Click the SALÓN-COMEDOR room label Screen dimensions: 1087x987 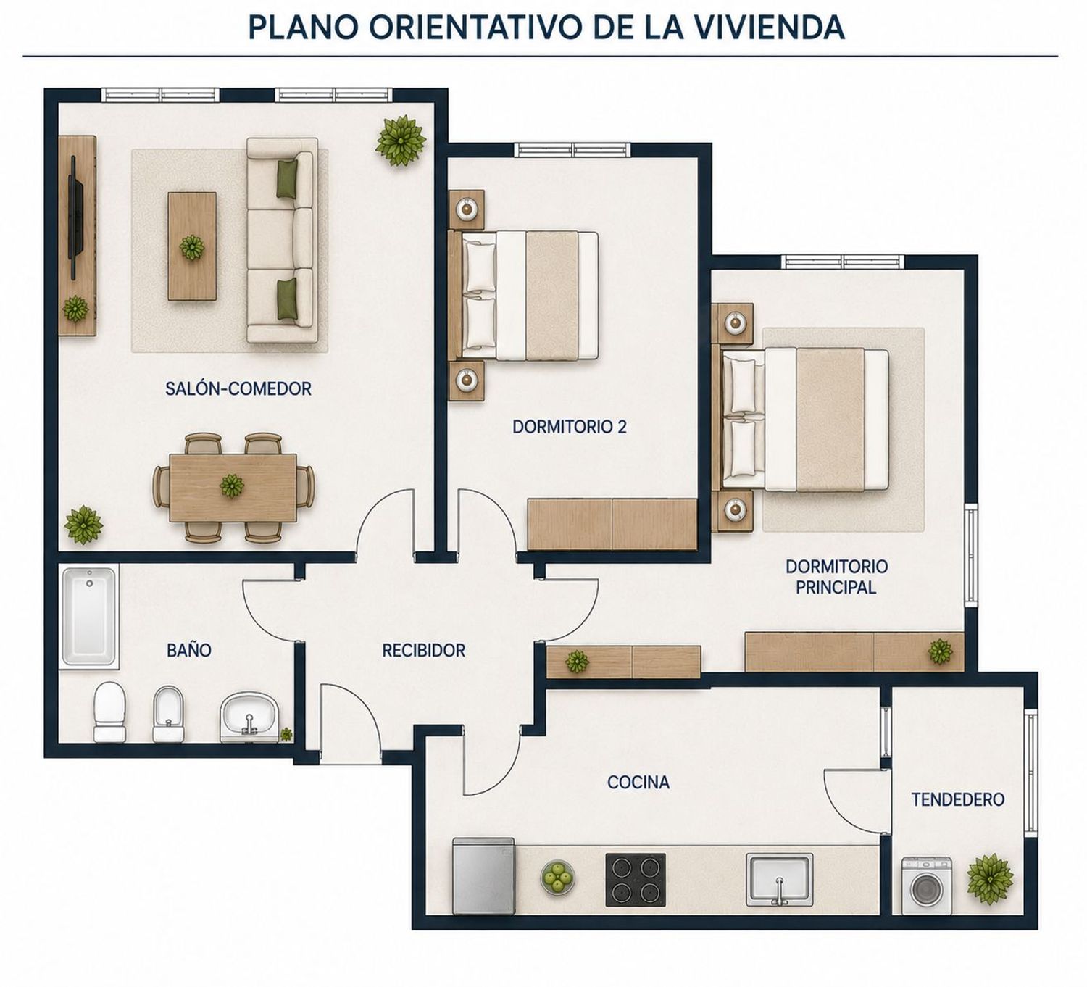coord(238,388)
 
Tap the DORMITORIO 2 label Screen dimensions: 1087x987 coord(570,427)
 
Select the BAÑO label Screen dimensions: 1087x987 coord(189,650)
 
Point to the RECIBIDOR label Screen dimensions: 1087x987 coord(423,651)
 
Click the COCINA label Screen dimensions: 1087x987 coord(638,782)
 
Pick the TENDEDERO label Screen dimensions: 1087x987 coord(958,799)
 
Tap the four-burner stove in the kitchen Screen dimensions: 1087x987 coord(635,879)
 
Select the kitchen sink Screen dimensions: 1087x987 coord(780,880)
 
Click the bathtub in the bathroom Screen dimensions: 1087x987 coord(89,616)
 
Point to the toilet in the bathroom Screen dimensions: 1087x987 coord(109,712)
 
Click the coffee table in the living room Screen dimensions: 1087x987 coord(192,246)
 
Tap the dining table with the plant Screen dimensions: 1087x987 coord(233,488)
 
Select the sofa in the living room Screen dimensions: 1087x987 coord(281,240)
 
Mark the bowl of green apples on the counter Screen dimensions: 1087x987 coord(557,877)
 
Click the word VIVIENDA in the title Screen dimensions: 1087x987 coord(772,28)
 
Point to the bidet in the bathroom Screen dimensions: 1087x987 coord(168,715)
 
